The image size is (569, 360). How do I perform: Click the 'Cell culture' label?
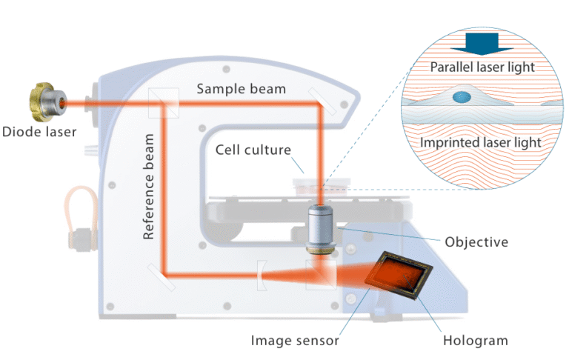pyautogui.click(x=251, y=150)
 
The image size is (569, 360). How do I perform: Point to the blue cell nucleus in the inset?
pyautogui.click(x=462, y=96)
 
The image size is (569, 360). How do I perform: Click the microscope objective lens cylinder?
pyautogui.click(x=320, y=230)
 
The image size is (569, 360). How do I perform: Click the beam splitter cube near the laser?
pyautogui.click(x=162, y=102)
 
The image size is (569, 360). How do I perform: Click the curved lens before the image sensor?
pyautogui.click(x=263, y=275)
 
